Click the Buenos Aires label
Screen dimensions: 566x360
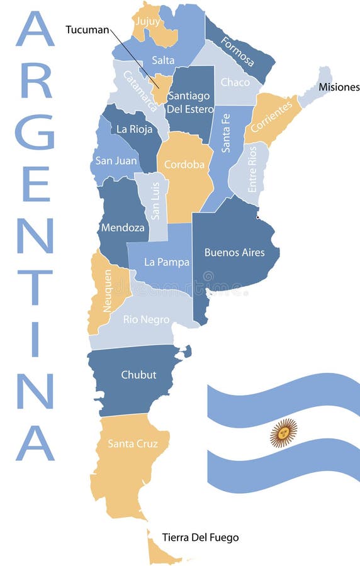pos(234,252)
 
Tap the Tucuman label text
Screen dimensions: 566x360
pos(87,29)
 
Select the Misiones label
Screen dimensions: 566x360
pos(339,87)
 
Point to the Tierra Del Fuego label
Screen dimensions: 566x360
pos(200,538)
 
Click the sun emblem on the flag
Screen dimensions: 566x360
pos(283,433)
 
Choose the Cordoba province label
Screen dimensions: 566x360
pos(184,165)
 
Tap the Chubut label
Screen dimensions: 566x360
pos(138,375)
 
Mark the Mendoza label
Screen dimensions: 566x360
pos(122,227)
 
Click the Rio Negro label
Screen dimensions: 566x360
pos(146,319)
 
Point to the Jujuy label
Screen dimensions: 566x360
pos(147,21)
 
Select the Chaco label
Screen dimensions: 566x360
pos(235,82)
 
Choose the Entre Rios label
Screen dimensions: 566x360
pos(252,169)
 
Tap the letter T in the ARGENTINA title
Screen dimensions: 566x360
pos(35,287)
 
